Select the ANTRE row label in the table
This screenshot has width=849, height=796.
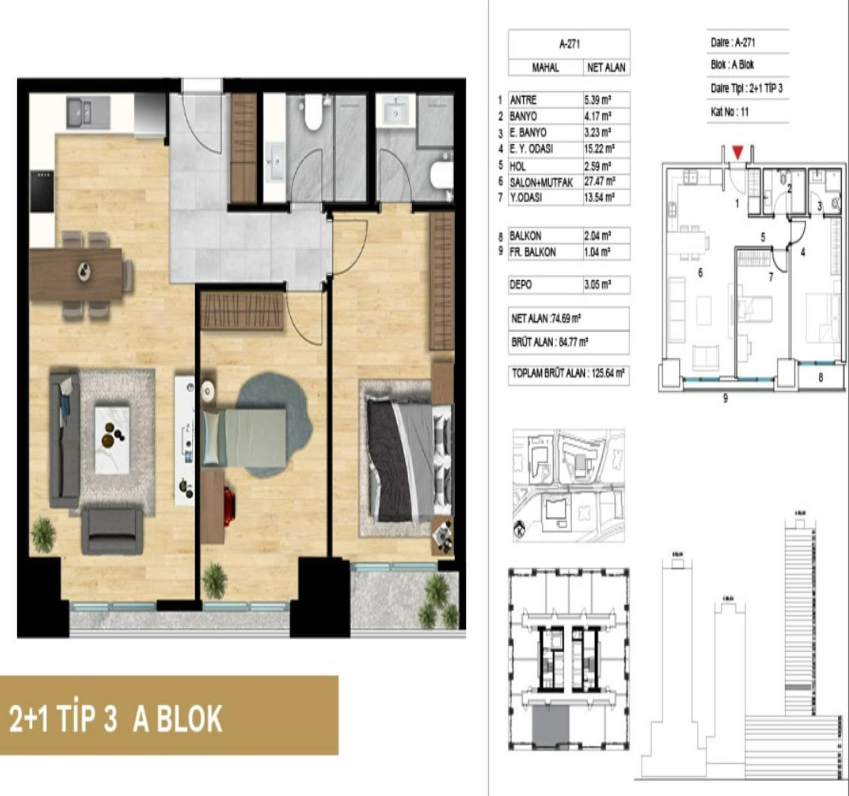523,100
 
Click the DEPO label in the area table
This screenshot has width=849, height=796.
520,285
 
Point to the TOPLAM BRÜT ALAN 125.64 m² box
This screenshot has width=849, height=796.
568,374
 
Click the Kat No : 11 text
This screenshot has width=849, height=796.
730,112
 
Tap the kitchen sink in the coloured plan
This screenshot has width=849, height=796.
81,113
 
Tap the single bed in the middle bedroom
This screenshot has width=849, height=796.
244,437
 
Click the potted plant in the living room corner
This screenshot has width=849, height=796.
43,535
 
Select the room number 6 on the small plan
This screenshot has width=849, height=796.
700,273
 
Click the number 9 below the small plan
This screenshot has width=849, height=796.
725,399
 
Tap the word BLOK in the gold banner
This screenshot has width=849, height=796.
178,719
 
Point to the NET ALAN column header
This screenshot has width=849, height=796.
606,68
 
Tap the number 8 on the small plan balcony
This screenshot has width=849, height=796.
820,378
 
